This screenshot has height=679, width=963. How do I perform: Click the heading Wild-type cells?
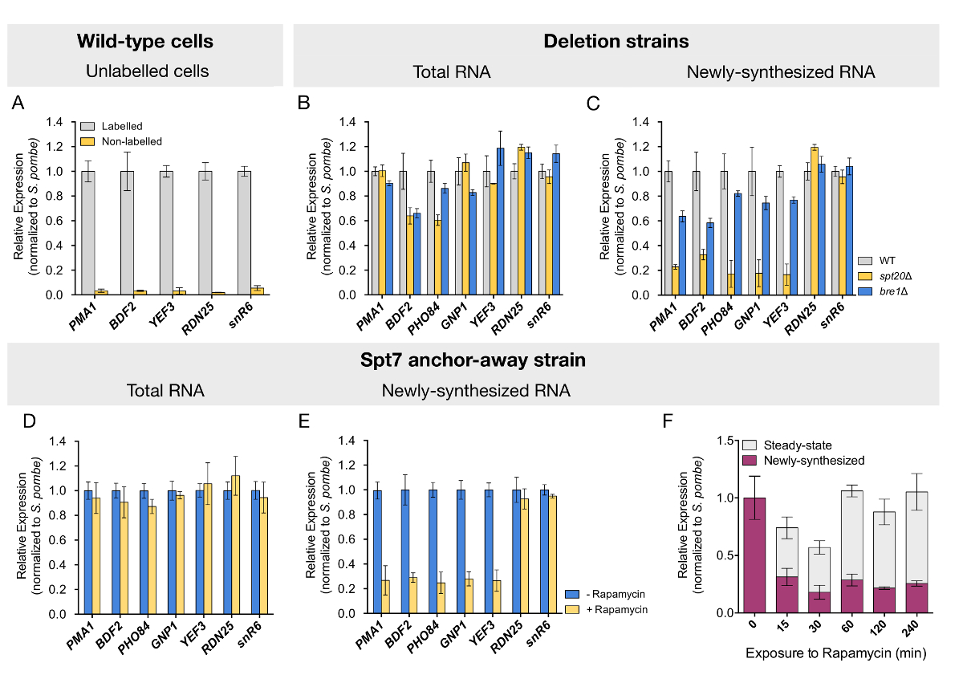tap(145, 41)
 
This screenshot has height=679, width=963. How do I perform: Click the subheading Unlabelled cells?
tap(147, 71)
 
